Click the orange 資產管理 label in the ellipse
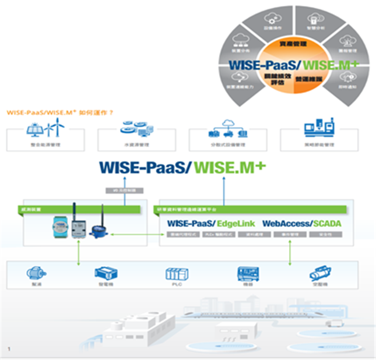point(291,44)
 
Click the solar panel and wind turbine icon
point(45,129)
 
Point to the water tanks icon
point(135,128)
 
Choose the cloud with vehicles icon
point(227,129)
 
